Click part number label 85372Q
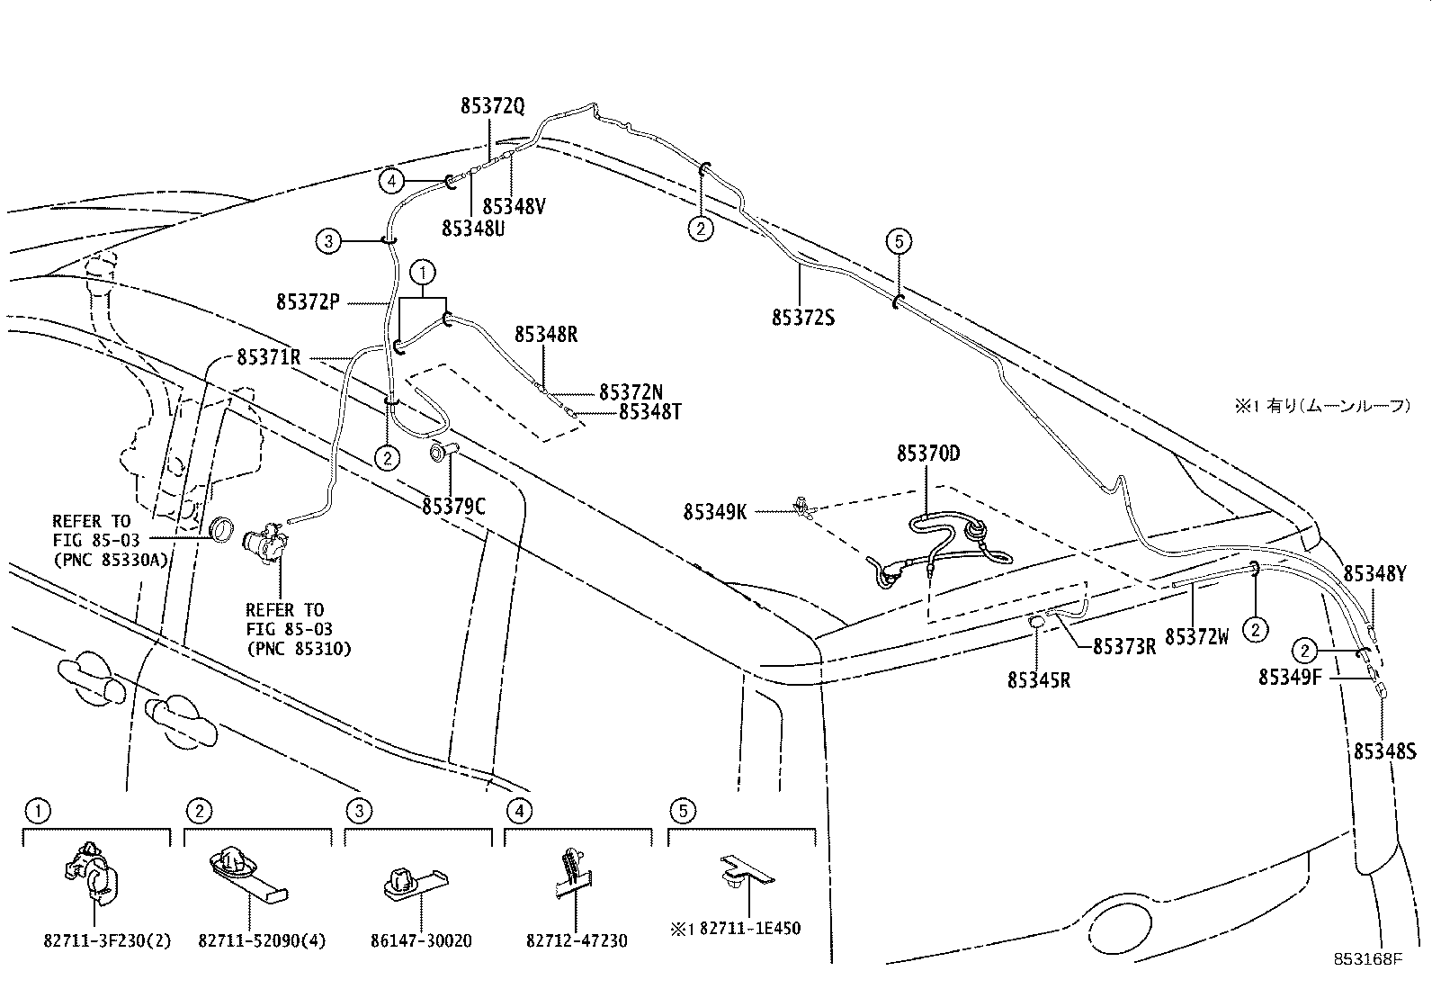[x=492, y=106]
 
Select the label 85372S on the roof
[x=802, y=318]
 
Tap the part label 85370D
[x=927, y=454]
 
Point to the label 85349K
[x=715, y=512]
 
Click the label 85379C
[x=453, y=507]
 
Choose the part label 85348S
[x=1385, y=751]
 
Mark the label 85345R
[x=1039, y=680]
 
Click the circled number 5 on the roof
[x=898, y=241]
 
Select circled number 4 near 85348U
[x=390, y=182]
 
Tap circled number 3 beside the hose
[x=328, y=241]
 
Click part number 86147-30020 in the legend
[x=420, y=941]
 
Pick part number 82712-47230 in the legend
[x=577, y=941]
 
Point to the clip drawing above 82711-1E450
[x=745, y=874]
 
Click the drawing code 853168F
[x=1367, y=959]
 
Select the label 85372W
[x=1196, y=637]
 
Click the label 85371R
[x=268, y=357]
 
